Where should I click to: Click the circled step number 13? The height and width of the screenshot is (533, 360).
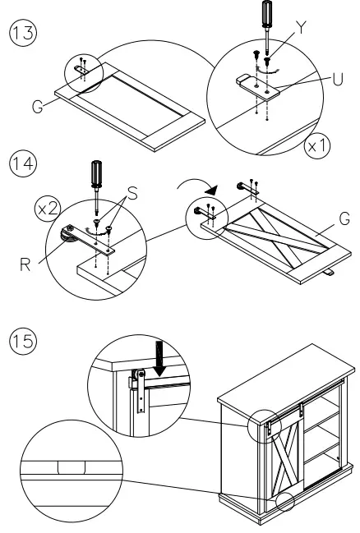[x=23, y=33]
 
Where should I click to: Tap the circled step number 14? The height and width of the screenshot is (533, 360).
[x=23, y=163]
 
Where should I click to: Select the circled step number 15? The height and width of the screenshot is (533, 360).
[x=23, y=341]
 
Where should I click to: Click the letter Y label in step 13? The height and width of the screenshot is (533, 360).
[x=301, y=28]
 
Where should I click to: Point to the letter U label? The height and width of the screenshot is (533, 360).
[x=338, y=80]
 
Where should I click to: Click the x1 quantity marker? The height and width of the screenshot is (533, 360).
[x=317, y=146]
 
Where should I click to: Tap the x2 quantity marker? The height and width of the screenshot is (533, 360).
[x=48, y=209]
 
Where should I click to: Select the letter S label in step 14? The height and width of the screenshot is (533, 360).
[x=132, y=194]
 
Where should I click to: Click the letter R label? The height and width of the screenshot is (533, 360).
[x=25, y=264]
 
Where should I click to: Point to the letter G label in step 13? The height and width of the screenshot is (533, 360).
[x=38, y=107]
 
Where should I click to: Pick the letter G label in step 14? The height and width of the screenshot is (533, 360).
[x=344, y=218]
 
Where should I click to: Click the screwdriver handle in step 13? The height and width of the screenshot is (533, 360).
[x=267, y=13]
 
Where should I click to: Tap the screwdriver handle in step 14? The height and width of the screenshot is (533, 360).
[x=97, y=173]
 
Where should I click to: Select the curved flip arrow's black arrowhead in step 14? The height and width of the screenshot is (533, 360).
[x=211, y=190]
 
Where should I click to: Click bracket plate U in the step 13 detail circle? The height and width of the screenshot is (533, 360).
[x=257, y=87]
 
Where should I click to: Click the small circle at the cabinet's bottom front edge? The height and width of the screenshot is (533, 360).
[x=284, y=502]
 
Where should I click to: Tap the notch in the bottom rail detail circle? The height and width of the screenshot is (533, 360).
[x=72, y=467]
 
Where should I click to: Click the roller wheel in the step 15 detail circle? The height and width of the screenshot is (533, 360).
[x=140, y=376]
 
